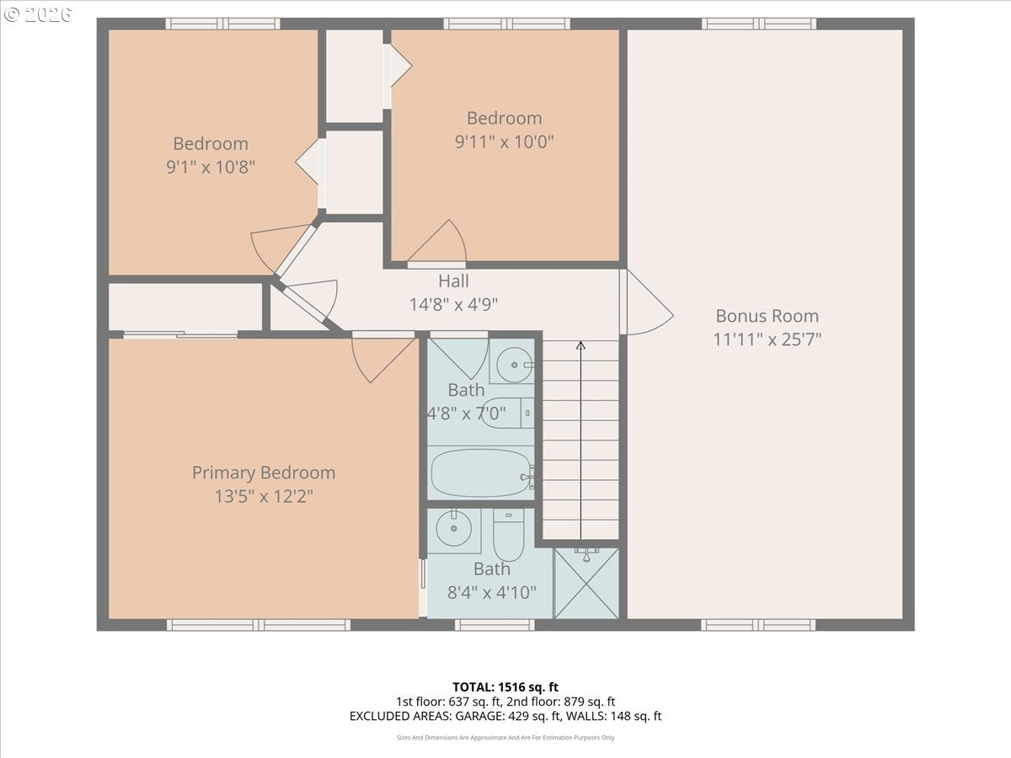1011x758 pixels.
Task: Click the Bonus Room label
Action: pyautogui.click(x=767, y=316)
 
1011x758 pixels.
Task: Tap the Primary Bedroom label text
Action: pyautogui.click(x=264, y=473)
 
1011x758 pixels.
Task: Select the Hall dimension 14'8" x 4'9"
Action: pyautogui.click(x=453, y=304)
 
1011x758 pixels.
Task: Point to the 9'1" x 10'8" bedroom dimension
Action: pyautogui.click(x=211, y=167)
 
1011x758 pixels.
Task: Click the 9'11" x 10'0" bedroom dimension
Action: pyautogui.click(x=504, y=141)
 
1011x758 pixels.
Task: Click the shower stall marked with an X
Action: pyautogui.click(x=586, y=583)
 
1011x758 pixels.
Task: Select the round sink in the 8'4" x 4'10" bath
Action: pyautogui.click(x=453, y=528)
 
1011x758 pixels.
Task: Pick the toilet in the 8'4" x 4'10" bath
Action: pyautogui.click(x=509, y=534)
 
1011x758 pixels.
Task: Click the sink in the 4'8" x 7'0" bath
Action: pyautogui.click(x=515, y=365)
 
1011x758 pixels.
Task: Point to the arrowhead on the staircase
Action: pyautogui.click(x=580, y=344)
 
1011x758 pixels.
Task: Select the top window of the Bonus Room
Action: pyautogui.click(x=758, y=24)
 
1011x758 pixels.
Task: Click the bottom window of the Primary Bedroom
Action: pyautogui.click(x=259, y=625)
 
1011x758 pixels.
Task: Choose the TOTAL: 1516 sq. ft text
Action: pyautogui.click(x=505, y=687)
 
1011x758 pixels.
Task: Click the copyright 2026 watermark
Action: pyautogui.click(x=38, y=14)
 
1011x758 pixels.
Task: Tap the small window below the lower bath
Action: pyautogui.click(x=495, y=625)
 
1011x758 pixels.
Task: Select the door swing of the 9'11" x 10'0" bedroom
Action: pyautogui.click(x=441, y=244)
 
